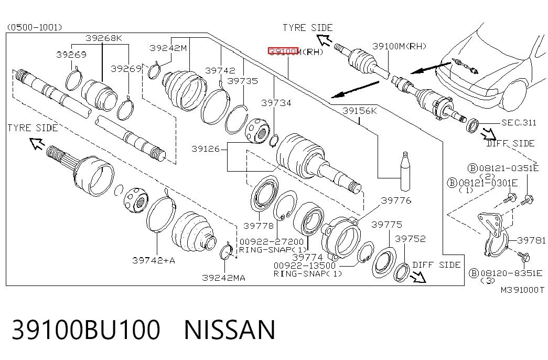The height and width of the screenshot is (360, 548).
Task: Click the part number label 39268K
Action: pyautogui.click(x=104, y=38)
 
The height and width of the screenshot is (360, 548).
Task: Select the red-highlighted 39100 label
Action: pyautogui.click(x=283, y=51)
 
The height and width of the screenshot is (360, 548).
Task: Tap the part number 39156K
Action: pyautogui.click(x=360, y=111)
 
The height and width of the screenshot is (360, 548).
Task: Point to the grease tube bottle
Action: pyautogui.click(x=405, y=172)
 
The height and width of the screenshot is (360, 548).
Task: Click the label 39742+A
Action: pyautogui.click(x=154, y=260)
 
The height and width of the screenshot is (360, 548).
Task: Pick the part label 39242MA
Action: pyautogui.click(x=224, y=278)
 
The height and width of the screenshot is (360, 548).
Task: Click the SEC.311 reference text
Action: pyautogui.click(x=519, y=122)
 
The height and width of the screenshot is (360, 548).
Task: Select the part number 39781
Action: pyautogui.click(x=531, y=240)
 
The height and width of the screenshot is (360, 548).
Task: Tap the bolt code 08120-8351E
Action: pyautogui.click(x=511, y=273)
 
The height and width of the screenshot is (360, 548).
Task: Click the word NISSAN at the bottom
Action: pyautogui.click(x=230, y=330)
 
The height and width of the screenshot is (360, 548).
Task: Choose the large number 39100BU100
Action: pyautogui.click(x=87, y=330)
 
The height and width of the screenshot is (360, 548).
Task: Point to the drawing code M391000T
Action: pyautogui.click(x=522, y=290)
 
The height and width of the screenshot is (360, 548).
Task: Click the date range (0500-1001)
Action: pyautogui.click(x=35, y=27)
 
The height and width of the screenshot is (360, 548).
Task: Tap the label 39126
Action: pyautogui.click(x=206, y=149)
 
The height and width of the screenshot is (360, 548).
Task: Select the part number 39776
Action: pyautogui.click(x=396, y=200)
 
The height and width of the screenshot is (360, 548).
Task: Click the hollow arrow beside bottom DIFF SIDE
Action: pyautogui.click(x=418, y=277)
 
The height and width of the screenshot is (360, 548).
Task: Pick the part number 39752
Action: pyautogui.click(x=410, y=239)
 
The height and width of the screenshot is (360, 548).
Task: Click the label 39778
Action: pyautogui.click(x=259, y=226)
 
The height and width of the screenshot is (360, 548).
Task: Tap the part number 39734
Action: pyautogui.click(x=276, y=103)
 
